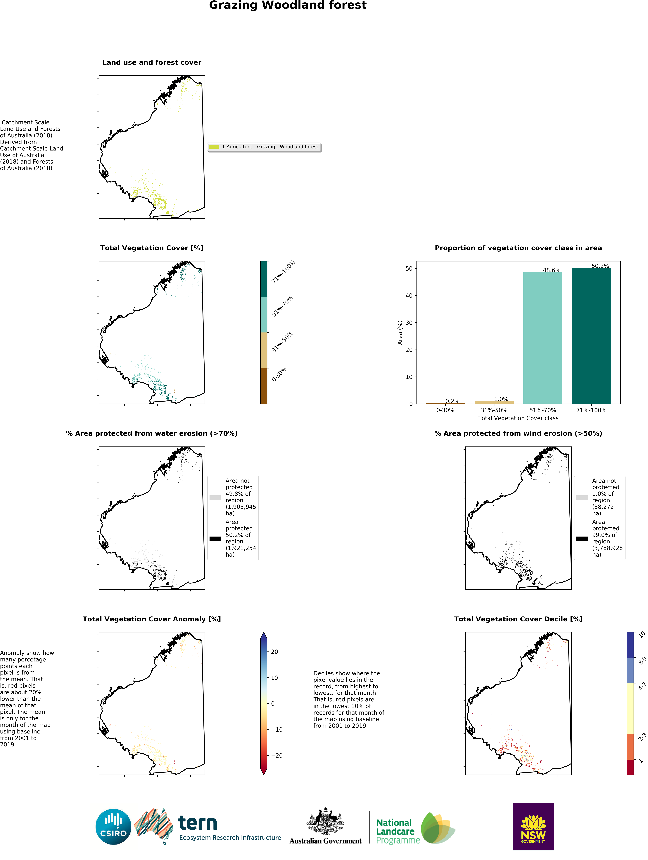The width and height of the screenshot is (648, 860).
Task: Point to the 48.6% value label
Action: coord(552,270)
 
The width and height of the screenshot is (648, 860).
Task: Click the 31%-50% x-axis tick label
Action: coord(494,410)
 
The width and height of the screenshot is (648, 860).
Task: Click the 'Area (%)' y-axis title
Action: coord(400,332)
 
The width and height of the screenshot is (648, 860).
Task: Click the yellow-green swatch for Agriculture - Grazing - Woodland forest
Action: coord(214,147)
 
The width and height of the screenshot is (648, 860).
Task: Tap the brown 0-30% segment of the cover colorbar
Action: coord(263,386)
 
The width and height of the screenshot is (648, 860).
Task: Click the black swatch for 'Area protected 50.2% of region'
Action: coord(215,538)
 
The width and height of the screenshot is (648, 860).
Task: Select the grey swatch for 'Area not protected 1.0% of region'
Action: coord(582,497)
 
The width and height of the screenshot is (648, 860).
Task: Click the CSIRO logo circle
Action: coord(113,827)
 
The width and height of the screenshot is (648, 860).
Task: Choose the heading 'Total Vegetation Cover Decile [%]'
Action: coord(518,619)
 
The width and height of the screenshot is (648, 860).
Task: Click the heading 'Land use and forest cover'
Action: coord(152,63)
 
